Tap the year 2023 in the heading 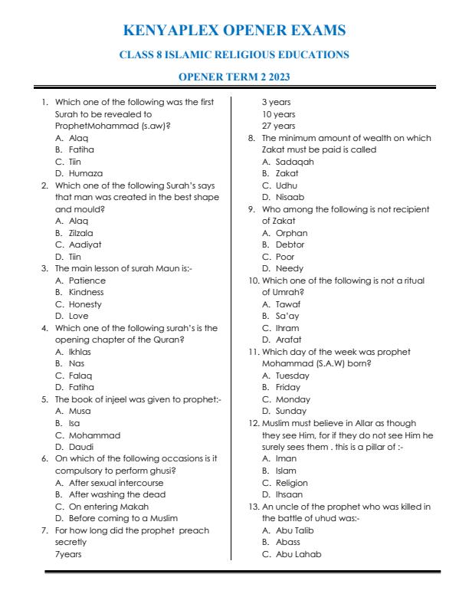pyautogui.click(x=275, y=77)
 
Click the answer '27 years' pyautogui.click(x=278, y=126)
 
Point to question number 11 pyautogui.click(x=254, y=352)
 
